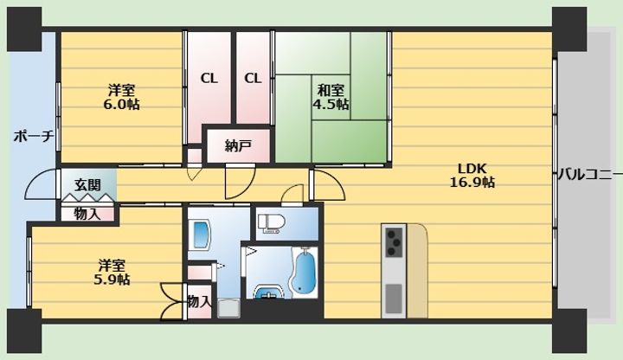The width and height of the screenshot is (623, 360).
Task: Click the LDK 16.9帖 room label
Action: click(x=472, y=176)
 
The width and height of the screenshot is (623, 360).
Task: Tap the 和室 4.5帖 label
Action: click(x=331, y=97)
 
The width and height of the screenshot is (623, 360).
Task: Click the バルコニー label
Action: click(x=588, y=174)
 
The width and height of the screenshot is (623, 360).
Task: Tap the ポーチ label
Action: click(x=34, y=136)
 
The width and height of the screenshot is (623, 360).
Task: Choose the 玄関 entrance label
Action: click(x=87, y=184)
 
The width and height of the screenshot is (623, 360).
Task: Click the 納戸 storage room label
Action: click(x=237, y=145)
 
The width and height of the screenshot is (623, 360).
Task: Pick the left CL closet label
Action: click(x=209, y=79)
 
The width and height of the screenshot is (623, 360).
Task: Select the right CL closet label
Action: click(x=253, y=79)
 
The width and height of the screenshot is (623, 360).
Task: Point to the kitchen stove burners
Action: click(x=395, y=240)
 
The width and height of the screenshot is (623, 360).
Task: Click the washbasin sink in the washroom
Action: click(x=201, y=234)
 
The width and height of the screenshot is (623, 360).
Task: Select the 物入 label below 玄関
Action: click(x=87, y=213)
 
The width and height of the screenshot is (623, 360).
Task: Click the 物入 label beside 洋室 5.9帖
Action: click(x=198, y=301)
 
